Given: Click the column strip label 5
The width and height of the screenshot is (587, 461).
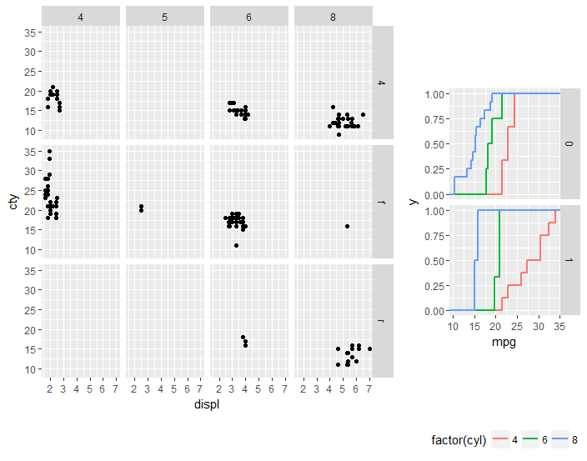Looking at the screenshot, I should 164,17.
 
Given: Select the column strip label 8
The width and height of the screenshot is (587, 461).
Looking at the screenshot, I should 334,17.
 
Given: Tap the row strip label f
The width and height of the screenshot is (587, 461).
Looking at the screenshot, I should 382,201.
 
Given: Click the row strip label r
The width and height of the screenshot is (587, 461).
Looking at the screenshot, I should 382,320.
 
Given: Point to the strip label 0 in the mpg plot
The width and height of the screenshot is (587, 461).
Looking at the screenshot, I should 569,143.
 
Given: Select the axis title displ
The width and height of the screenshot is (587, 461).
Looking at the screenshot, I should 207,405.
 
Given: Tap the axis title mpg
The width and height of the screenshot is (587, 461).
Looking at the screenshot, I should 504,342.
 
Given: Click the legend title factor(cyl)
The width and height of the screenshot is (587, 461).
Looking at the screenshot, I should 459,440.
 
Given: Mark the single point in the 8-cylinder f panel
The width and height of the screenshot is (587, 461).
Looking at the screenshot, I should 346,226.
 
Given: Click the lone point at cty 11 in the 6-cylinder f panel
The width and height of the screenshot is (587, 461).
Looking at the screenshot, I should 237,245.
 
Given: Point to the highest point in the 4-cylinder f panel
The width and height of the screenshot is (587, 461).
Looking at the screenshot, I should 49,151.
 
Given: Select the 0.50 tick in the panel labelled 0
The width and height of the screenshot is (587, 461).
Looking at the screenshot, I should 434,144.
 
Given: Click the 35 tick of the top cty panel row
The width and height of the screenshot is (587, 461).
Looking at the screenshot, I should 30,32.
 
